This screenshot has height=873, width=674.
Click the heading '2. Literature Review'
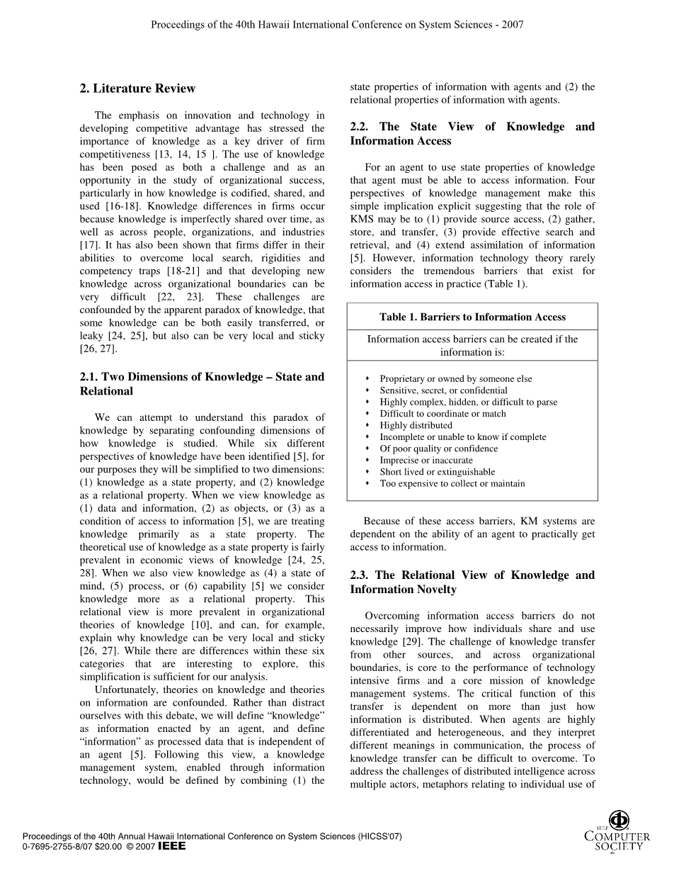(137, 89)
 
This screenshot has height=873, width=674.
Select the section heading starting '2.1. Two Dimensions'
(202, 384)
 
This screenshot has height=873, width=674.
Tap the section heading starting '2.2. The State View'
(472, 133)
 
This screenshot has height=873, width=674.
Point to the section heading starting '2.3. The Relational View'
(472, 582)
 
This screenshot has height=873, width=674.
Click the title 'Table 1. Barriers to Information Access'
(472, 317)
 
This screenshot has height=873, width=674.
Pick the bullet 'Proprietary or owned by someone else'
(455, 379)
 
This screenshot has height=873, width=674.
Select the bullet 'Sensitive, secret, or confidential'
(443, 390)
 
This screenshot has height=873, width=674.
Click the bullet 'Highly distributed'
(416, 425)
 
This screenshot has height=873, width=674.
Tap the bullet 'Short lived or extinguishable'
(437, 472)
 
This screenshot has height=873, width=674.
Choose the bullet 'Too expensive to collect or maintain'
(452, 483)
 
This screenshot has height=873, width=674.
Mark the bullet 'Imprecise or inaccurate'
(425, 460)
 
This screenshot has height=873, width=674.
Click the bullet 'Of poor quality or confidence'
(438, 449)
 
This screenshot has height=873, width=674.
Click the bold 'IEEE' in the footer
(172, 846)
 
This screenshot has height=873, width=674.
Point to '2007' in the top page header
(512, 24)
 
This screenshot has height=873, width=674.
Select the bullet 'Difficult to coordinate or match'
(442, 414)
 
